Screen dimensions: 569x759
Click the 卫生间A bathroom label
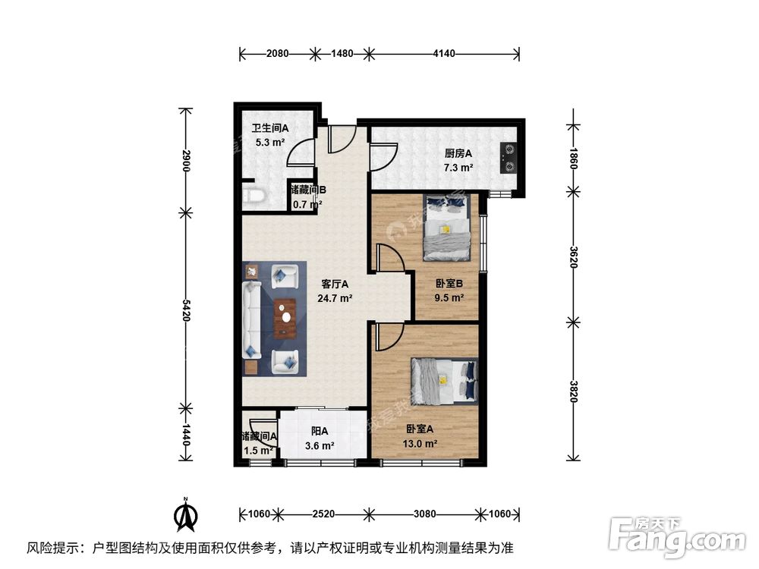point(269,128)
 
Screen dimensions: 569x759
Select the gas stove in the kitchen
point(508,159)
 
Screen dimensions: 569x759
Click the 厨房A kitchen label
point(458,152)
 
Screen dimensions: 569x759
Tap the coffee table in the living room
point(286,317)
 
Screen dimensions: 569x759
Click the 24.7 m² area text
point(334,298)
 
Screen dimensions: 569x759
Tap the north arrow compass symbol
point(184,515)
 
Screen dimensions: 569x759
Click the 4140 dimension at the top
point(444,53)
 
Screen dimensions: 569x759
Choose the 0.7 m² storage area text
point(307,203)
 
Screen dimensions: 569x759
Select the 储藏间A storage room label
point(259,436)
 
